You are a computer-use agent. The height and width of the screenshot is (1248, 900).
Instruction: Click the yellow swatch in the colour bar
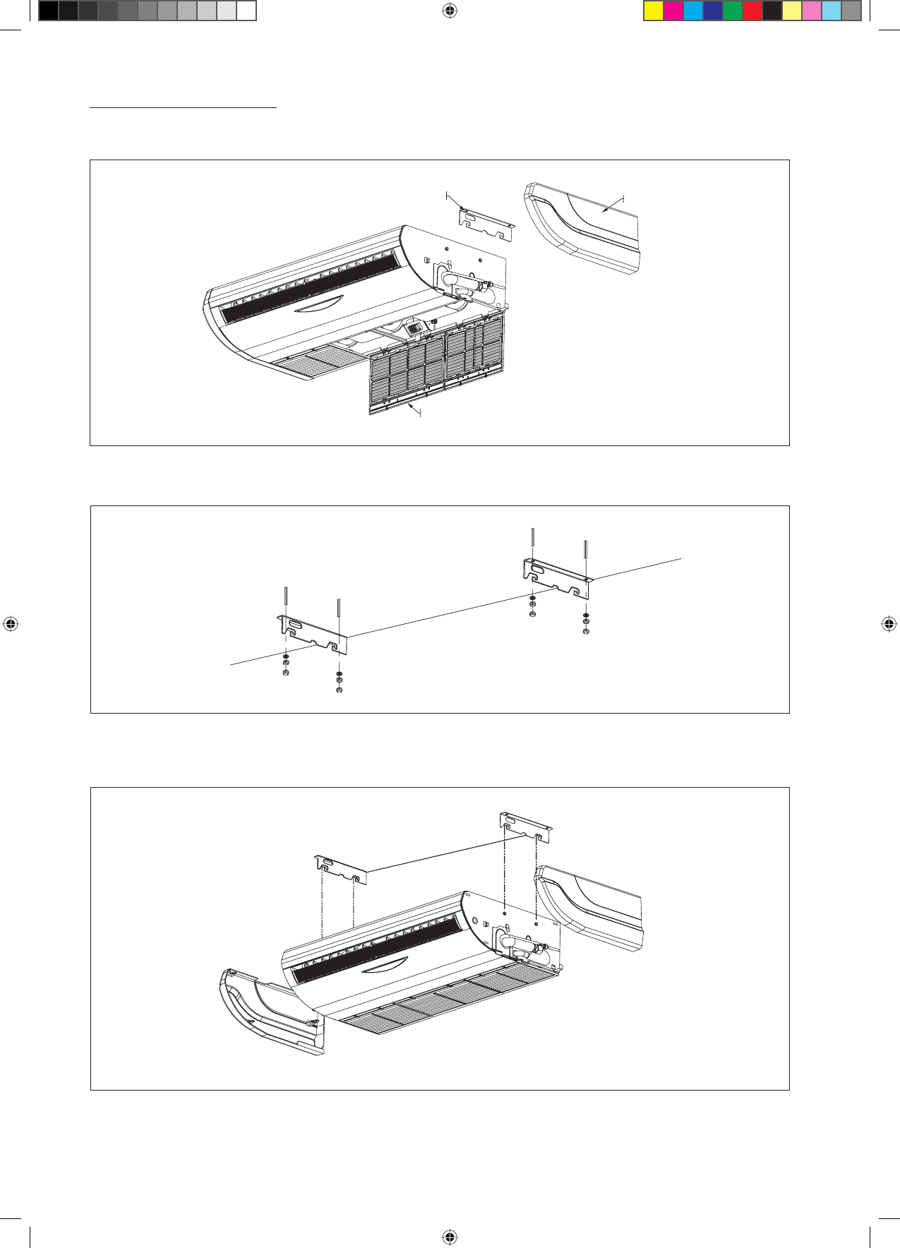tap(654, 11)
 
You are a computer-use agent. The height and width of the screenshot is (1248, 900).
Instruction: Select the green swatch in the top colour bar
tap(733, 11)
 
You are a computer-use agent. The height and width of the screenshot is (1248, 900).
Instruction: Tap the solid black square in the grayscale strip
tap(48, 11)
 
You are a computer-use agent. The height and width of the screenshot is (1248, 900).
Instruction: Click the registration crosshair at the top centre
tap(450, 10)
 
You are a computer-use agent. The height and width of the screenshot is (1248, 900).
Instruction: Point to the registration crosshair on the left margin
tap(10, 624)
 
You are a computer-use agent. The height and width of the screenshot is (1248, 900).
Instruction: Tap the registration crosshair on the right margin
tap(889, 624)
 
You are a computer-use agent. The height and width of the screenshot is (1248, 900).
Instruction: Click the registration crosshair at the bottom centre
tap(450, 1237)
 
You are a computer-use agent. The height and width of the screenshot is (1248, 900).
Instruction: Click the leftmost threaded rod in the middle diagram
tap(285, 601)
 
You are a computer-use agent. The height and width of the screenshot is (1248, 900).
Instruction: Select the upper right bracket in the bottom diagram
tap(525, 827)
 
